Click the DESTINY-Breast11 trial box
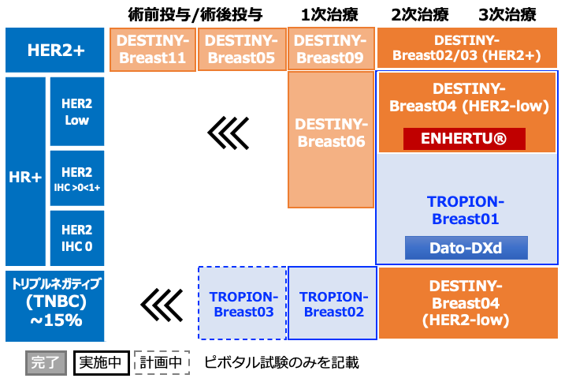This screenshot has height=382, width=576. (x=152, y=49)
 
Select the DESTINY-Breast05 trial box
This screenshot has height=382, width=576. (x=242, y=49)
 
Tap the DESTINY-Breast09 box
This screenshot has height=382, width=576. (x=331, y=49)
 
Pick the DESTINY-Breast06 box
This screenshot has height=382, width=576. (x=331, y=140)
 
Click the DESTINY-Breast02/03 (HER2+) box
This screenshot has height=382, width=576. (x=467, y=48)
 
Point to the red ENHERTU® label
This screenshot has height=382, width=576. (x=464, y=139)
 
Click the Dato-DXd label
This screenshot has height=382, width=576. (x=466, y=248)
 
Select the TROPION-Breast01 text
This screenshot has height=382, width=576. (x=466, y=210)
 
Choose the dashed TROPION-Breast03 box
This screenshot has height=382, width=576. (x=243, y=303)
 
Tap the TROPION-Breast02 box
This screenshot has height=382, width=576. (x=333, y=303)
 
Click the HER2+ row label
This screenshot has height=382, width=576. (x=54, y=50)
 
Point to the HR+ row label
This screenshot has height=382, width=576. (x=25, y=171)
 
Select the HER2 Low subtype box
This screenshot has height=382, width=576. (x=77, y=111)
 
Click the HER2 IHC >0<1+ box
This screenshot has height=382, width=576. (x=77, y=178)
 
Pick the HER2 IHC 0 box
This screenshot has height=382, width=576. (x=77, y=238)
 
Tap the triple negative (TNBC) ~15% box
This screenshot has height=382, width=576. (x=54, y=306)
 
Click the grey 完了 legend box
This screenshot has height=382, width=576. (x=46, y=363)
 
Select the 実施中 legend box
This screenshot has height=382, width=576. (x=102, y=363)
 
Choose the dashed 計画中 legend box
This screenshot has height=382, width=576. (x=162, y=363)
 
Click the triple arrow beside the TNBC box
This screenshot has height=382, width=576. (x=162, y=305)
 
